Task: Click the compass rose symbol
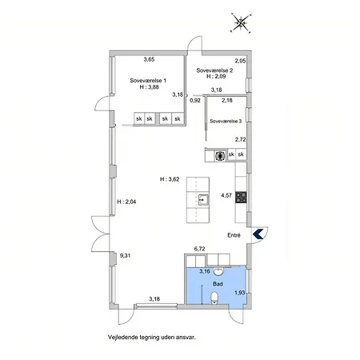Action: (241, 23)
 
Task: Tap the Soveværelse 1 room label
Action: (148, 81)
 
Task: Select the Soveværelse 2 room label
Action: (214, 70)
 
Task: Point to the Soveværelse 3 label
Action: (226, 121)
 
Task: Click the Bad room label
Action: (218, 284)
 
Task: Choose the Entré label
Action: (234, 235)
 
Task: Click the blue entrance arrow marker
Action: (258, 234)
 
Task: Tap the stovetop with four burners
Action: (241, 198)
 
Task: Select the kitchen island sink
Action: (204, 200)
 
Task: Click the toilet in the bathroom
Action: (214, 298)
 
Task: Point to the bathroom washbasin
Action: (218, 271)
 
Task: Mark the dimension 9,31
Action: (125, 255)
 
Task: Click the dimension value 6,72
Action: (199, 249)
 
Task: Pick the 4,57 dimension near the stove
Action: (226, 195)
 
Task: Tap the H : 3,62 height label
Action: (170, 179)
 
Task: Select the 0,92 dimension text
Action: (195, 101)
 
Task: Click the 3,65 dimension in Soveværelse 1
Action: (149, 59)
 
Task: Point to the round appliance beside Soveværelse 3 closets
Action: (220, 155)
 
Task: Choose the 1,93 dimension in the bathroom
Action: (239, 293)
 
